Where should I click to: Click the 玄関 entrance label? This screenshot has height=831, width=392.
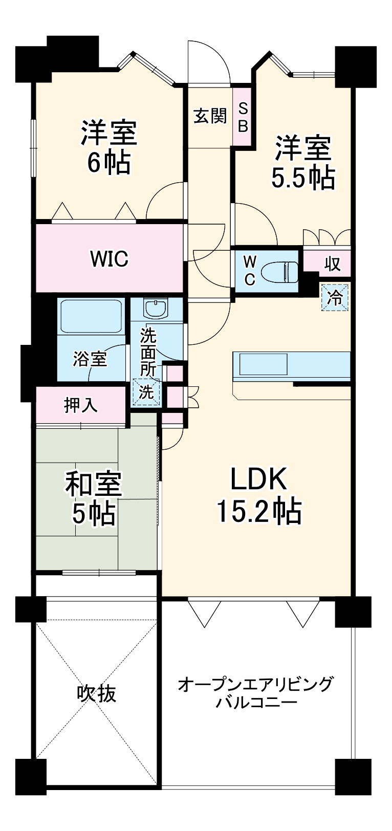point(210,117)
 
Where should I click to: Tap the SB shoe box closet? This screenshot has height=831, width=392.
point(243,117)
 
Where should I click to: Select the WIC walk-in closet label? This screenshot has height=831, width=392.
point(108,258)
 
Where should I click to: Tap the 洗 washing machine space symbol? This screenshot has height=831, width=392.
point(146,392)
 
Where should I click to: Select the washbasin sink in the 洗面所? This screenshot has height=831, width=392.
point(155,309)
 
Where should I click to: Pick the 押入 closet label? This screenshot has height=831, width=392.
point(80,405)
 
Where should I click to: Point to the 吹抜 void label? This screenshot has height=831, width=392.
point(96,694)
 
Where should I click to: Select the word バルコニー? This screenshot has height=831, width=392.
point(256,702)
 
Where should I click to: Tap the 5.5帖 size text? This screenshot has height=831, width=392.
point(302,179)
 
